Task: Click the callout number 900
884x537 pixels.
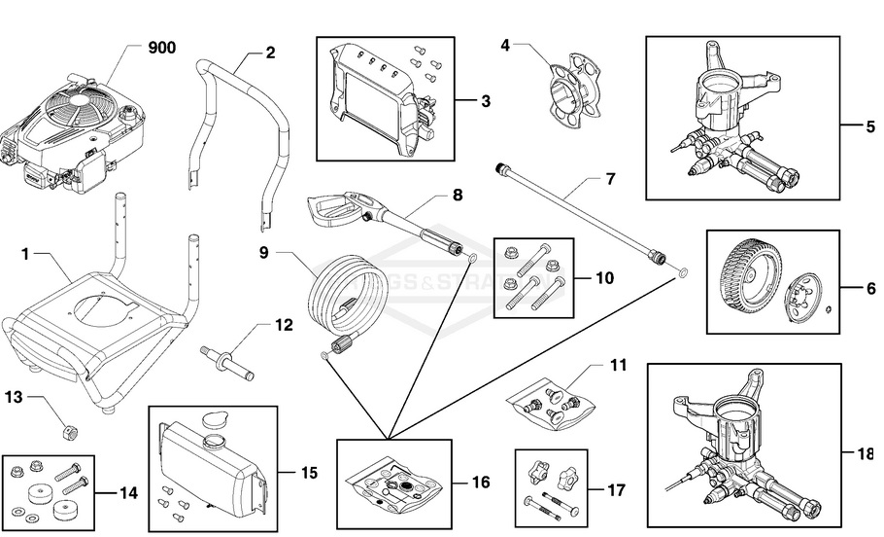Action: (x=161, y=48)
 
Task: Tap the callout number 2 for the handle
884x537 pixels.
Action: (x=270, y=52)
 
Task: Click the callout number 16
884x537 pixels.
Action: (x=480, y=483)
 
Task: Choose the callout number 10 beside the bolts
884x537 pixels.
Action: (x=604, y=277)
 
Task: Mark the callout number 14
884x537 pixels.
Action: (x=128, y=493)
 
